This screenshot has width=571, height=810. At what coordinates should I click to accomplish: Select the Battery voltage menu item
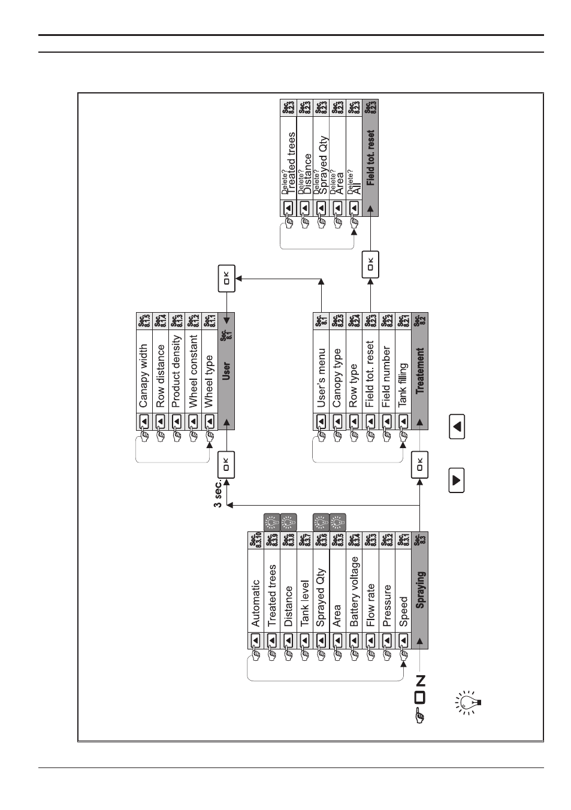click(354, 591)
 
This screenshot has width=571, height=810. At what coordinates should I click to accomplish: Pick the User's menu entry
click(321, 377)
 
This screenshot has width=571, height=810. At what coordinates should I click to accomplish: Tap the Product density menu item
click(176, 371)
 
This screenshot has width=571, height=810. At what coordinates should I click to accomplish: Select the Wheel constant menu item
click(193, 371)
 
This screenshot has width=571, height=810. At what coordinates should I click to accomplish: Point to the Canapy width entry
click(143, 375)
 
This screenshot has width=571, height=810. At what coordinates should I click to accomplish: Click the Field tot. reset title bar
click(370, 158)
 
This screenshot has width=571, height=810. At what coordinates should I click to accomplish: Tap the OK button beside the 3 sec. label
click(226, 464)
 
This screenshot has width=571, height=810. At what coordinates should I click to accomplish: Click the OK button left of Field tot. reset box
click(370, 264)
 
